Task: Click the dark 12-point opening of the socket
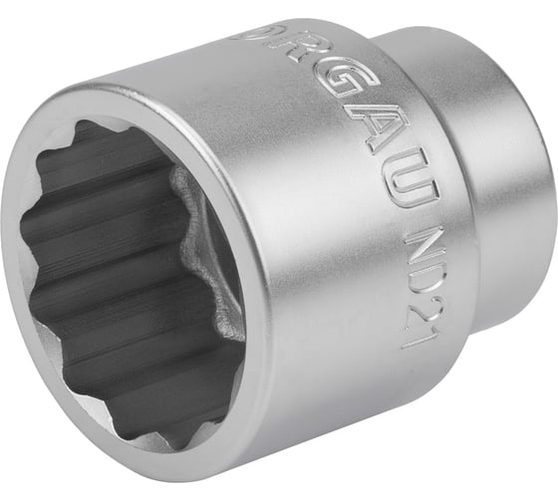click(110, 279)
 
